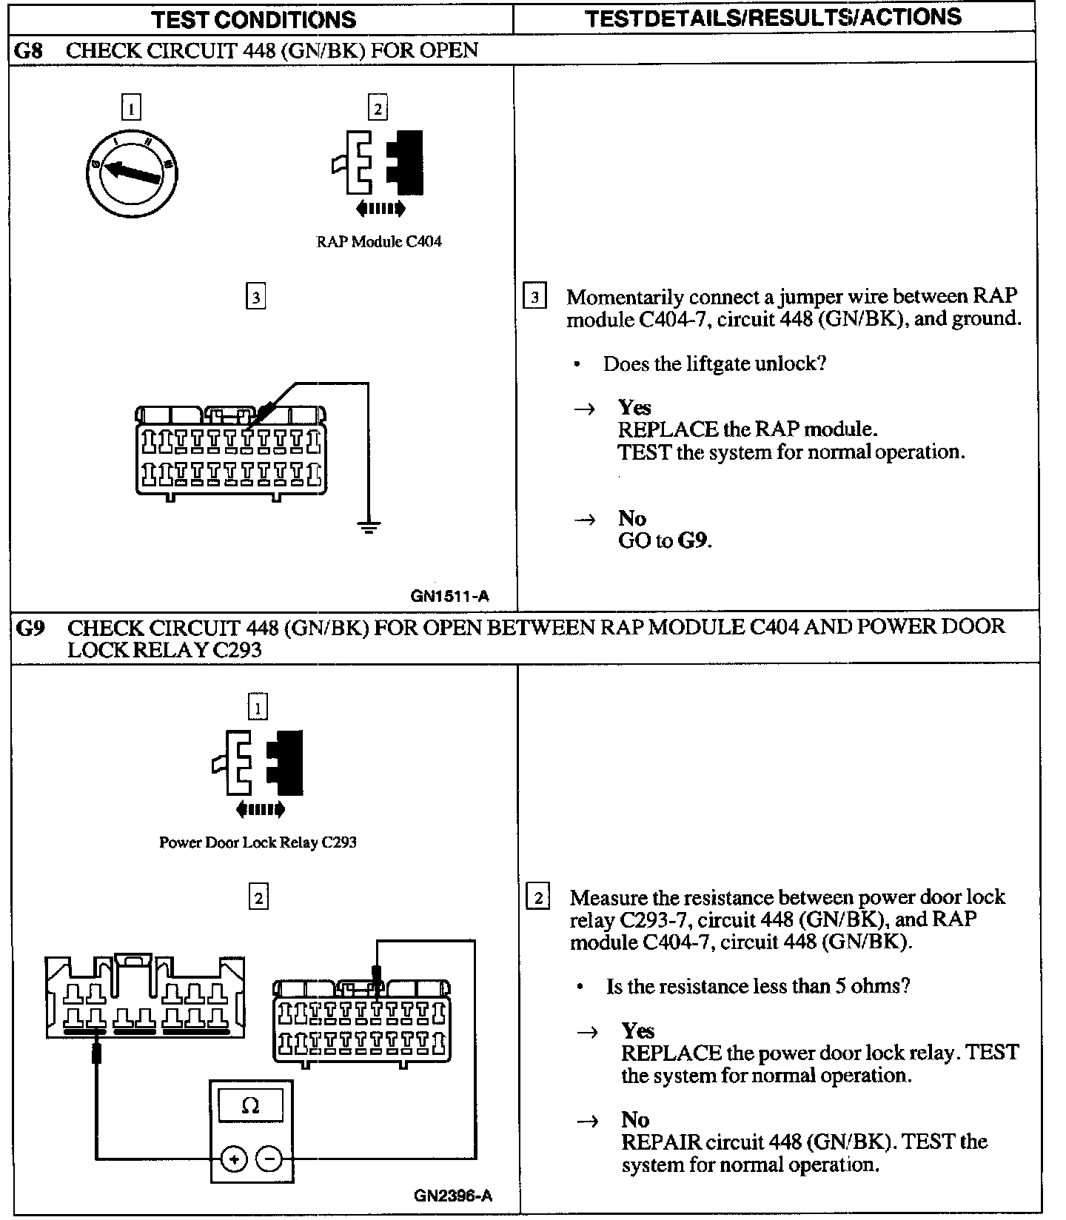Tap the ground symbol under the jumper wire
point(368,526)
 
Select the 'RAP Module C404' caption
point(379,241)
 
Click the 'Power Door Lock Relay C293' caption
point(258,842)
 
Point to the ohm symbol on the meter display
point(251,1106)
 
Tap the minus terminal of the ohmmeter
point(269,1159)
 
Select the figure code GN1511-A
point(449,596)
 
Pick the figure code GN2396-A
point(452,1196)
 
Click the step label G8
point(29,50)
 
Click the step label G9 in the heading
point(30,628)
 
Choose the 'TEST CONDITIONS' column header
point(254,19)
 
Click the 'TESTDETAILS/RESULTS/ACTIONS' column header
point(774,18)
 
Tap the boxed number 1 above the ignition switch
point(130,109)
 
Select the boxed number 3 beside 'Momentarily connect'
point(534,297)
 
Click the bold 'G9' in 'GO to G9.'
point(693,540)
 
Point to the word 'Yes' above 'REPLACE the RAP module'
point(634,407)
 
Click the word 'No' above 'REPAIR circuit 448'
point(635,1119)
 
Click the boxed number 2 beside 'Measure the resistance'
point(537,898)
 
